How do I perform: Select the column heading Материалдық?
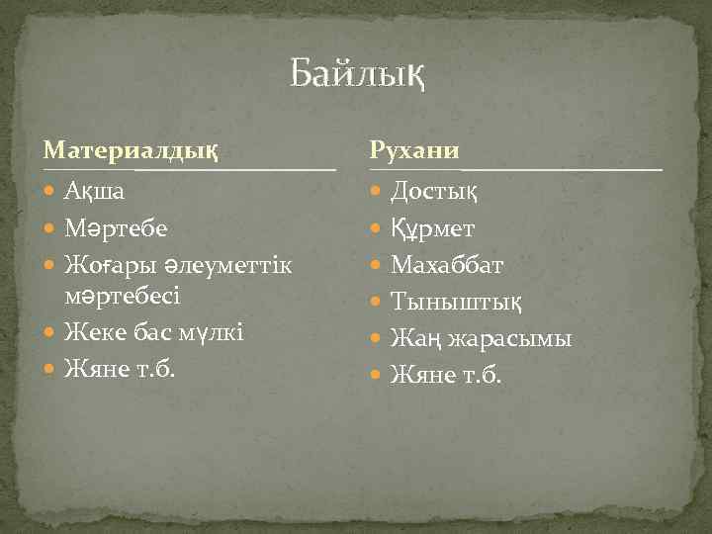click(x=131, y=150)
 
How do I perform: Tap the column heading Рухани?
click(x=413, y=150)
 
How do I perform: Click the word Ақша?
click(x=94, y=190)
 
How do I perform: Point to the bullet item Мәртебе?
click(x=115, y=228)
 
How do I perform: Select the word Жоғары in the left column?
click(x=102, y=265)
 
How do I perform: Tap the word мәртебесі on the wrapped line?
click(x=123, y=296)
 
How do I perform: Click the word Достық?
click(x=435, y=190)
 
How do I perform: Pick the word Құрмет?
click(x=433, y=228)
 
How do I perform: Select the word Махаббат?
click(x=447, y=265)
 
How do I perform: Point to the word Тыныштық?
click(x=457, y=302)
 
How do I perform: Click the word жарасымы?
click(x=509, y=339)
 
